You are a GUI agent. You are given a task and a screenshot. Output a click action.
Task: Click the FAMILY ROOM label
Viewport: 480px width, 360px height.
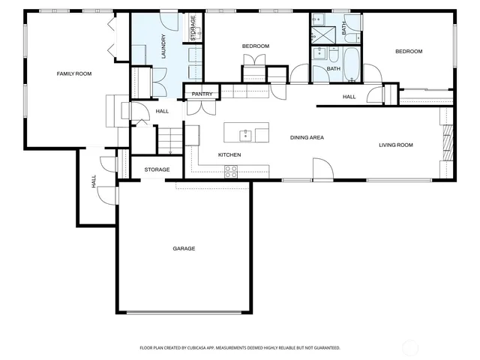(x=73, y=73)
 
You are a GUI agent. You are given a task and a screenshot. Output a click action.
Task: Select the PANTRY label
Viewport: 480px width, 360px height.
(x=202, y=94)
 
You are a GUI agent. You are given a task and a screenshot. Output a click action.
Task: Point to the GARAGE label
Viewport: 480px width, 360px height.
(x=184, y=248)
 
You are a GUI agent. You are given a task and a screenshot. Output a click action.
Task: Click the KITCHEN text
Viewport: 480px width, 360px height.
(x=229, y=154)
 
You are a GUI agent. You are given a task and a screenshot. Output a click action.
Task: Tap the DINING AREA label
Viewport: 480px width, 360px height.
(x=307, y=137)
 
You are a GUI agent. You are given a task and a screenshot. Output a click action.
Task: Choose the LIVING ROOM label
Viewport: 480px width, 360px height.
(x=395, y=145)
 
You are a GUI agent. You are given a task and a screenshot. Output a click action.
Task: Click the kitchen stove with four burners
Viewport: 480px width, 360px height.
(x=230, y=171)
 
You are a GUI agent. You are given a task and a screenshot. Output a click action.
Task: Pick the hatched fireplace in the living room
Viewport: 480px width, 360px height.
(x=448, y=142)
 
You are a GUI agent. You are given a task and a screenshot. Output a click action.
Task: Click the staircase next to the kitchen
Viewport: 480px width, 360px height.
(x=171, y=139)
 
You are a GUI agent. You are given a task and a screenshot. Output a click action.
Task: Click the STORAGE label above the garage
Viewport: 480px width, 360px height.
(x=157, y=169)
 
